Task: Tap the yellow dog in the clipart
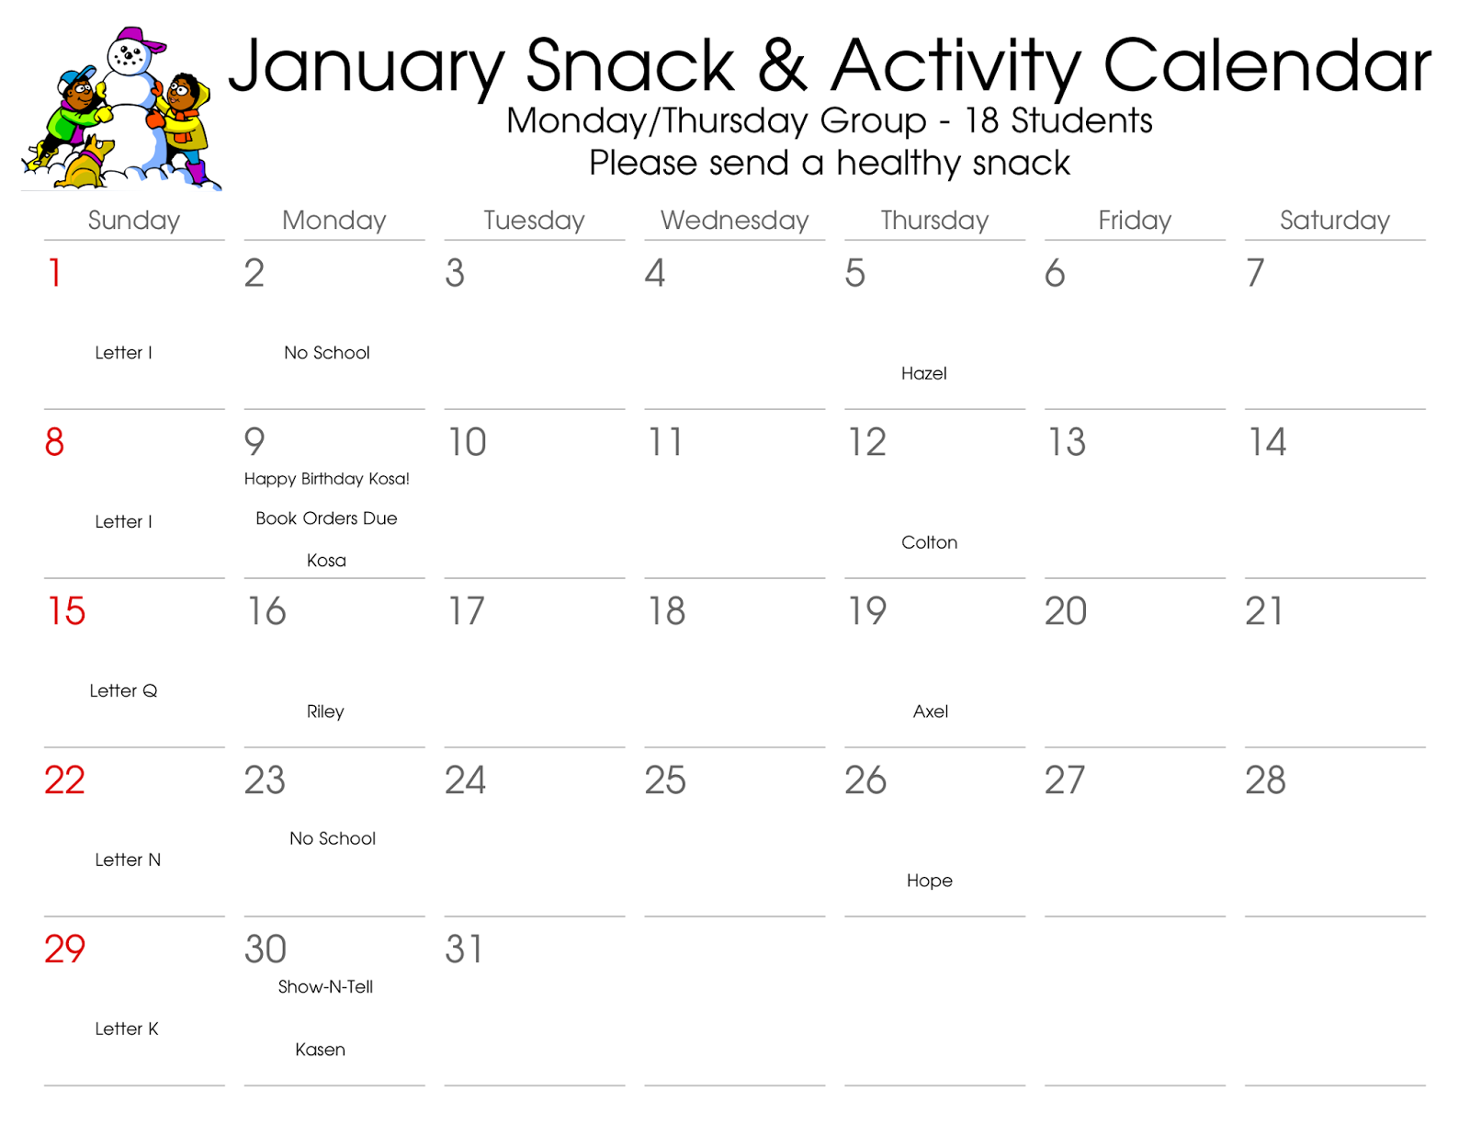[87, 164]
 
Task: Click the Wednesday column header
[734, 220]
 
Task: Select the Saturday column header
[1334, 220]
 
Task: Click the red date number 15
[66, 611]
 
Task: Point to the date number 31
[464, 950]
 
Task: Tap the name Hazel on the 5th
[923, 373]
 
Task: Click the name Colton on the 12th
[929, 542]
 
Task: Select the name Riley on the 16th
[325, 711]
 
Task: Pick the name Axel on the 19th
[930, 711]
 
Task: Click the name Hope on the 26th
[929, 881]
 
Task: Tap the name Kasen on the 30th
[320, 1050]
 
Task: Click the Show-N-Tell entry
[325, 987]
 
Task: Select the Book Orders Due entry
[326, 518]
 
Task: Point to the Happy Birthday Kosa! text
[326, 479]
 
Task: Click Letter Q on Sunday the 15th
[123, 691]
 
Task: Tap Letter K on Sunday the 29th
[126, 1029]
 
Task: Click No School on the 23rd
[332, 838]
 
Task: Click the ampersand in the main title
[782, 66]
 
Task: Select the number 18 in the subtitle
[981, 120]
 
